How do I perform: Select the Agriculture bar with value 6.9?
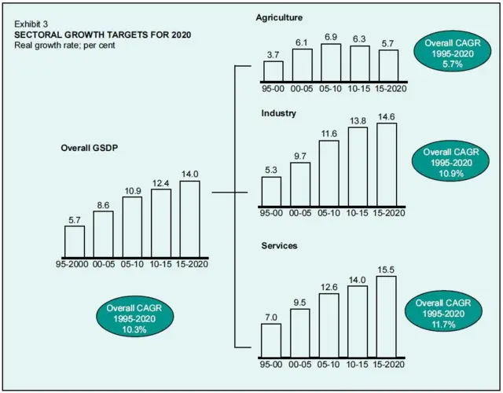(x=330, y=63)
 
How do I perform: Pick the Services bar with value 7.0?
(x=271, y=340)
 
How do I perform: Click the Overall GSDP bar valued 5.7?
(x=75, y=241)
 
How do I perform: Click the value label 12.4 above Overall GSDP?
(x=161, y=183)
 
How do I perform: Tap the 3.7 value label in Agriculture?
(x=273, y=54)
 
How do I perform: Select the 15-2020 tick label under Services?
(x=388, y=365)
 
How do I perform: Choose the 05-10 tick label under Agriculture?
(x=330, y=88)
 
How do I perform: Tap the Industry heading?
(x=278, y=113)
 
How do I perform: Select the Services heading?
(x=280, y=246)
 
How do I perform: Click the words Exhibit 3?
(x=31, y=25)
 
